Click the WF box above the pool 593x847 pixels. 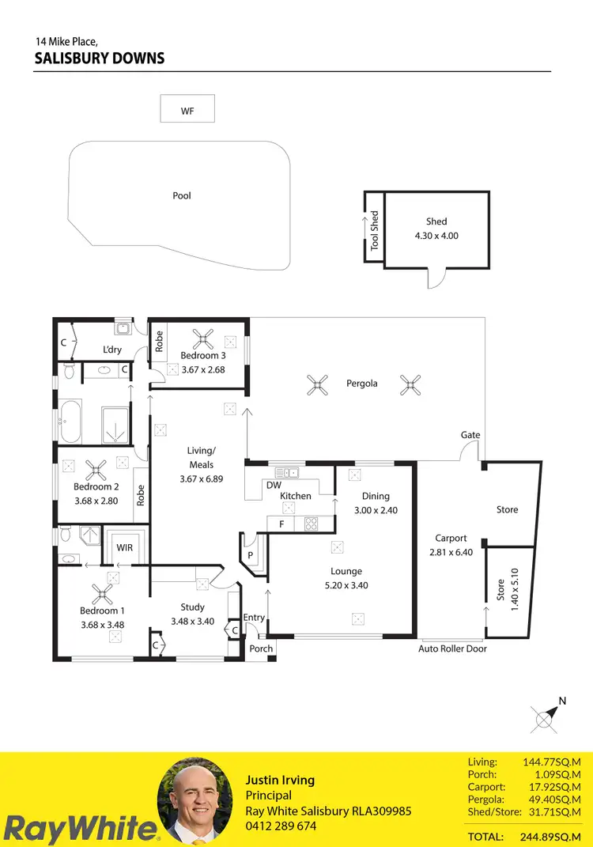click(x=187, y=109)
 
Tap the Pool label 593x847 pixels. click(x=182, y=195)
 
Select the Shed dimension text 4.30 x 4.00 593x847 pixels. click(x=436, y=236)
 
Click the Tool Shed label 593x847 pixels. click(x=375, y=230)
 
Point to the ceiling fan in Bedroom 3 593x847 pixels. click(x=204, y=341)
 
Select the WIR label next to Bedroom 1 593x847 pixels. click(x=124, y=546)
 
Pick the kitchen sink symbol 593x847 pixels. click(x=286, y=473)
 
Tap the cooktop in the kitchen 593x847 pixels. click(x=311, y=524)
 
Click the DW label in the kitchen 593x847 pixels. click(x=274, y=485)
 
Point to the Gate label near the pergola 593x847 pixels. click(x=470, y=435)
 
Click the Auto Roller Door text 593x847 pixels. click(x=452, y=648)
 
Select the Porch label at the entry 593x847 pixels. click(x=261, y=648)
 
